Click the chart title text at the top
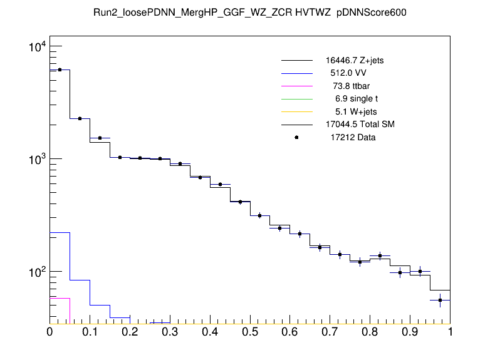tap(250, 13)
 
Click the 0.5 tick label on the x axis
tap(250, 331)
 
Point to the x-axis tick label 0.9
tap(410, 331)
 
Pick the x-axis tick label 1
tap(450, 331)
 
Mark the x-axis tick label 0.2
tap(130, 331)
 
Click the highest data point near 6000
tap(60, 69)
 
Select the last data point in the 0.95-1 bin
tap(440, 300)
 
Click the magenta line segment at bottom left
tap(60, 298)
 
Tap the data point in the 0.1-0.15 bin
tap(100, 138)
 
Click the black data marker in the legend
tap(297, 137)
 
